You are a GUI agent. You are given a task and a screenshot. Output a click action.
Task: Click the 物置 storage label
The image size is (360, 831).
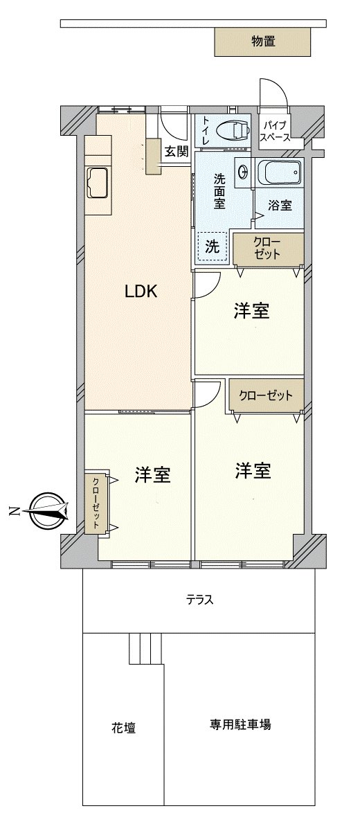(x=263, y=42)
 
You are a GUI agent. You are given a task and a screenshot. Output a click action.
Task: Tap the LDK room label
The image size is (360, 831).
(x=141, y=292)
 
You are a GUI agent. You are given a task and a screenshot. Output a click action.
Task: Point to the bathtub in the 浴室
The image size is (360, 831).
(x=279, y=172)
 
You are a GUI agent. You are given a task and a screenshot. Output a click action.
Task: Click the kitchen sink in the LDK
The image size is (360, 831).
(x=97, y=181)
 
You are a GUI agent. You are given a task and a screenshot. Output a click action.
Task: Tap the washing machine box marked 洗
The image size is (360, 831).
(x=213, y=246)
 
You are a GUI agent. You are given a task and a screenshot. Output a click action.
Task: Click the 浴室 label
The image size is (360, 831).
(x=280, y=205)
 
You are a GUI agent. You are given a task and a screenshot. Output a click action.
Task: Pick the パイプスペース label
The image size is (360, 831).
(x=276, y=132)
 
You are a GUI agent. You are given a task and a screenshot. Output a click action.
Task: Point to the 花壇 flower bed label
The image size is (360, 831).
(x=123, y=728)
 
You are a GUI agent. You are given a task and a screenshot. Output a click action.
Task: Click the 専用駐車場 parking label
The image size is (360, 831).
(x=241, y=724)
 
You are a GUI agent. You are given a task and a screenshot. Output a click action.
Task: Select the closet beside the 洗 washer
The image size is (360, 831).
(x=268, y=249)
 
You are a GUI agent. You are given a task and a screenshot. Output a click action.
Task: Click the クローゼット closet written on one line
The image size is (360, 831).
(x=266, y=395)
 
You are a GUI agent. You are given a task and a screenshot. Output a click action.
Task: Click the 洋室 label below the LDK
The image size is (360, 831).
(x=152, y=475)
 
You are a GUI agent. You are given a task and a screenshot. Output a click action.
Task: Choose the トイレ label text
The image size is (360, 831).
(x=206, y=129)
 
